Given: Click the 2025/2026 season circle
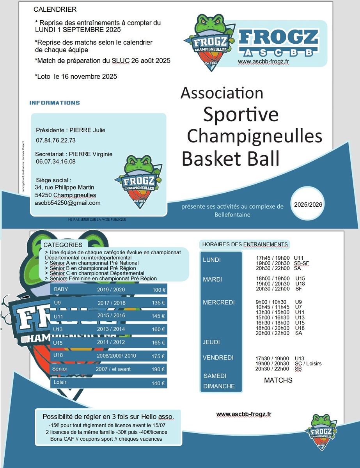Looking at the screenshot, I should click(x=308, y=204).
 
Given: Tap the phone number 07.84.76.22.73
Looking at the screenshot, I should click(x=56, y=140).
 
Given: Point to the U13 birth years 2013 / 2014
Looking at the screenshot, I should click(x=111, y=329).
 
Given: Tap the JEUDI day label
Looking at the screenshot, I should click(x=211, y=342).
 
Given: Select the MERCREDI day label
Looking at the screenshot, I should click(x=218, y=302).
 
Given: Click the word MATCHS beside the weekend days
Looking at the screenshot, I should click(x=278, y=380).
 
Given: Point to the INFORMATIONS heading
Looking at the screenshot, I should click(x=55, y=103).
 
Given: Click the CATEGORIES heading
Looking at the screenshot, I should click(x=63, y=245).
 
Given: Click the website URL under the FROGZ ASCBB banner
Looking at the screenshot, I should click(x=263, y=61).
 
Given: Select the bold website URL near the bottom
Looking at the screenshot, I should click(x=243, y=414).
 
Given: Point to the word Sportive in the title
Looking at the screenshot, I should click(x=241, y=114).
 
